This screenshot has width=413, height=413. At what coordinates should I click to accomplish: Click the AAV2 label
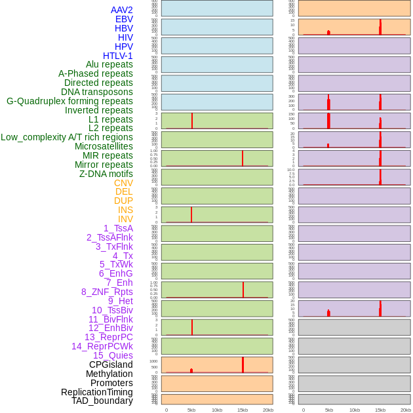pyautogui.click(x=121, y=10)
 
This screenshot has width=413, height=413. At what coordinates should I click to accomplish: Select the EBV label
pyautogui.click(x=124, y=19)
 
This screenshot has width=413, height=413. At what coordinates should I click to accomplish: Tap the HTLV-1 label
pyautogui.click(x=117, y=56)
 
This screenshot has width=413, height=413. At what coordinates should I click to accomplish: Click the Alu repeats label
pyautogui.click(x=109, y=64)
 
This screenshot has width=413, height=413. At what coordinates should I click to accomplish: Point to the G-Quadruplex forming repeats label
pyautogui.click(x=69, y=101)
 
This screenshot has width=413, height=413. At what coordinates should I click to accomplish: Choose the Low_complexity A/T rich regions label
pyautogui.click(x=67, y=137)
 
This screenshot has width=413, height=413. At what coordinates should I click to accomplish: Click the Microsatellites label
pyautogui.click(x=104, y=146)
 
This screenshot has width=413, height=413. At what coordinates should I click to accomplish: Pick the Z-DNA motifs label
pyautogui.click(x=106, y=174)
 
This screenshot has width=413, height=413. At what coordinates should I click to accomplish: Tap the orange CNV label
pyautogui.click(x=123, y=183)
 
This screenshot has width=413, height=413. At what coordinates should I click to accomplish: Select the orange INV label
pyautogui.click(x=125, y=219)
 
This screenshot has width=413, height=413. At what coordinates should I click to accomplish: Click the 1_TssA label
pyautogui.click(x=118, y=228)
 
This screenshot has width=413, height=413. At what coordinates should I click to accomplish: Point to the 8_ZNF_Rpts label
pyautogui.click(x=107, y=292)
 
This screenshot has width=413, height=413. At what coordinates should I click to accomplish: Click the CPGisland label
pyautogui.click(x=111, y=364)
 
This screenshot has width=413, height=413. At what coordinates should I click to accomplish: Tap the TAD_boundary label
pyautogui.click(x=102, y=401)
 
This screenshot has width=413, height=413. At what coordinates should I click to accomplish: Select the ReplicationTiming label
pyautogui.click(x=97, y=392)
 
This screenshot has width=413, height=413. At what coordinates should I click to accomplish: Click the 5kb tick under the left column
pyautogui.click(x=191, y=410)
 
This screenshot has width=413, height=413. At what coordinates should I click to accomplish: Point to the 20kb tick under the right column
pyautogui.click(x=406, y=410)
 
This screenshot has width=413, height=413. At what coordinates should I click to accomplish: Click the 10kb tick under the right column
pyautogui.click(x=355, y=410)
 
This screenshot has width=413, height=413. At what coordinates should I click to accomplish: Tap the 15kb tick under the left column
pyautogui.click(x=243, y=410)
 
